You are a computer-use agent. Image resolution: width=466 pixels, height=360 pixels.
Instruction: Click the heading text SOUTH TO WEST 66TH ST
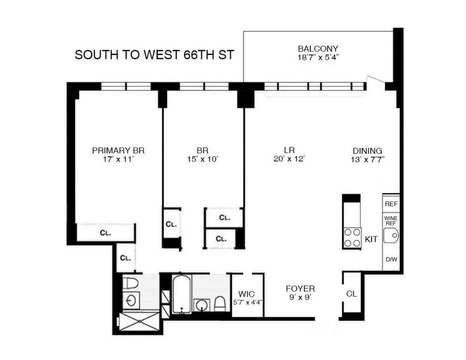coord(154,54)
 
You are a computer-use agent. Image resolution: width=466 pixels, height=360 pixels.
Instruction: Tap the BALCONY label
coord(318,49)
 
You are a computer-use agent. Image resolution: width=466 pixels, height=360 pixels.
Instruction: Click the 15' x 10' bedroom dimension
coord(202,159)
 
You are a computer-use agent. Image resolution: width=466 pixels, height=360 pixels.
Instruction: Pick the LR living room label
coord(289,150)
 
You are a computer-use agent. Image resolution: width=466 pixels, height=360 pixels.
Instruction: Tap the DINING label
coord(367,151)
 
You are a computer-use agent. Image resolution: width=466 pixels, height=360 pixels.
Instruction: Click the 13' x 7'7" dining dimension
coord(367,160)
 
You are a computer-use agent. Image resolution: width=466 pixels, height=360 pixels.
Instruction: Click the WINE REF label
coord(391,221)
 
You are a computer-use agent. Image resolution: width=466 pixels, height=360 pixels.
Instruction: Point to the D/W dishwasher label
coord(391,259)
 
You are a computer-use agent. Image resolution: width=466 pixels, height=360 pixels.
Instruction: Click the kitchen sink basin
coord(391,236)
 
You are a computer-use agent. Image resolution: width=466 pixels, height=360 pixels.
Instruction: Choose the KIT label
coord(371,239)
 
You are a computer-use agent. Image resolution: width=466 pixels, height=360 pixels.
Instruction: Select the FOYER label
coord(300,289)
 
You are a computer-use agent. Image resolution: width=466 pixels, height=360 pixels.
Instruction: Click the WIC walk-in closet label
coord(247,294)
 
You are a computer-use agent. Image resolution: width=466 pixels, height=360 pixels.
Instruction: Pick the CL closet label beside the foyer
coord(351,294)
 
